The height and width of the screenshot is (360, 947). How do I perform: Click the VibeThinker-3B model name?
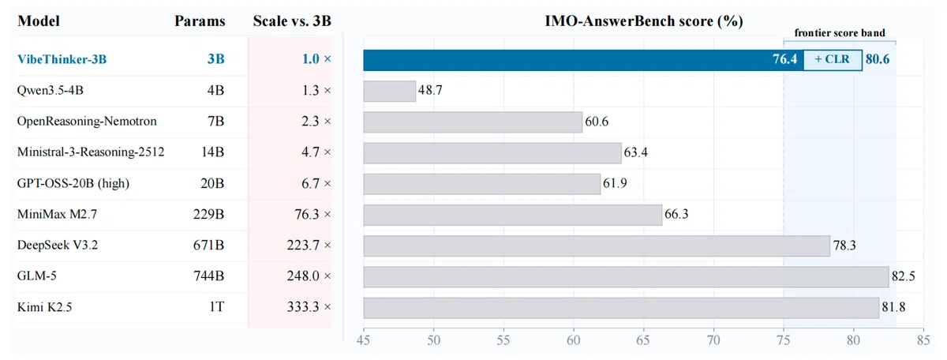62,59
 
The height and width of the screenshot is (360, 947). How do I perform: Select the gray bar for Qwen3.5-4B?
389,91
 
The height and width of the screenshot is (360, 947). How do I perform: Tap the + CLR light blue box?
833,60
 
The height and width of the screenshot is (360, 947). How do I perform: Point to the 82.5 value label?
904,276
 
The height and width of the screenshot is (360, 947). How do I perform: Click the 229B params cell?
208,215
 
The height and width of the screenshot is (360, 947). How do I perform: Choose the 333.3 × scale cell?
309,306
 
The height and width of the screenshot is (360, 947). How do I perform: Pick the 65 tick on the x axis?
643,340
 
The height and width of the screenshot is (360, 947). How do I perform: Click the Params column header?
200,21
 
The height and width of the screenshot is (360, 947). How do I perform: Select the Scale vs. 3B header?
292,21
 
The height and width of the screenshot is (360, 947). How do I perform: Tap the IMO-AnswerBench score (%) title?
643,21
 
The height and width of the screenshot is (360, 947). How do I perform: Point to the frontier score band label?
840,33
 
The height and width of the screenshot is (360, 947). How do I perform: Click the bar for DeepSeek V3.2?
597,246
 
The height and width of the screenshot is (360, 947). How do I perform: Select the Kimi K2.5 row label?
44,306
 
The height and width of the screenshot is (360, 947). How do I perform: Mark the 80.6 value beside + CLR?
878,60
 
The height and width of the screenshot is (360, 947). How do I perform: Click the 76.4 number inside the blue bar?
784,59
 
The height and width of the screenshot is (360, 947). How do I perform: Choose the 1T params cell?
216,306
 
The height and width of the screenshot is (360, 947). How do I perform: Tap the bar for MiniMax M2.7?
513,215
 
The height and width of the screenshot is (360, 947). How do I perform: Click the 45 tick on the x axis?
364,340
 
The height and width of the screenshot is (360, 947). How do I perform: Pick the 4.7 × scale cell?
316,152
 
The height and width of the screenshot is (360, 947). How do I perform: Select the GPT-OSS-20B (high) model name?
73,184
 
